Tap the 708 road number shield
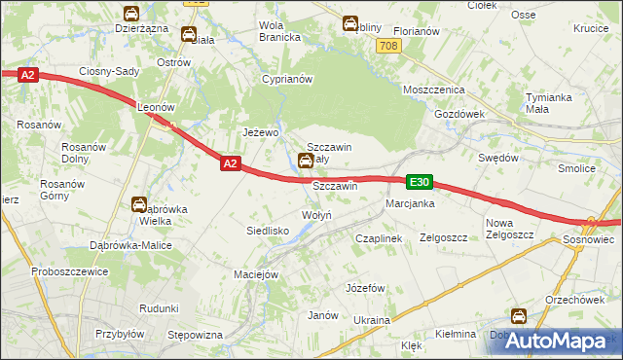[x=389, y=46]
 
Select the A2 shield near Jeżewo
[x=230, y=164]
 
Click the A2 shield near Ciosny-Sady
[x=27, y=74]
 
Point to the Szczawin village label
[x=335, y=185]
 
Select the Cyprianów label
[x=285, y=79]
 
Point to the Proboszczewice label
[x=68, y=271]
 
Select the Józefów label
[x=367, y=288]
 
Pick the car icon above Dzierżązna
[x=130, y=14]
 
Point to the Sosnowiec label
[x=589, y=238]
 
